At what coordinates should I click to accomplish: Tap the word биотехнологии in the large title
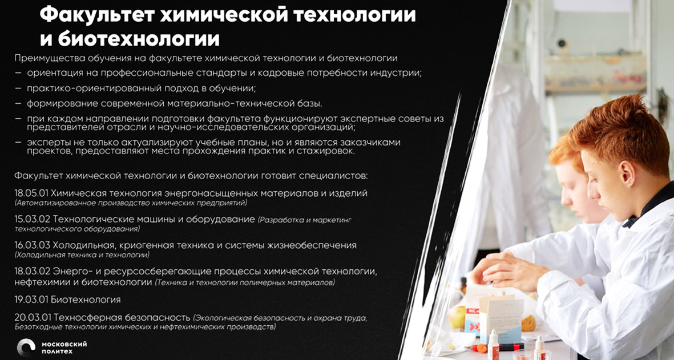tap(139, 39)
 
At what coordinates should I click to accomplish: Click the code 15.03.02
tap(32, 219)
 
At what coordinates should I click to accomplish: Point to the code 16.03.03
tap(32, 245)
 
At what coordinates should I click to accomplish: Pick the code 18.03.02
tap(32, 272)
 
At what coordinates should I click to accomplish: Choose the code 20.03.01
tap(33, 317)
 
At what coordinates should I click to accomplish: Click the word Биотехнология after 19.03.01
tap(86, 300)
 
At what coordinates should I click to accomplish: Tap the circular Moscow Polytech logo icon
tap(26, 347)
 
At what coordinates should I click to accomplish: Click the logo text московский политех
tap(64, 347)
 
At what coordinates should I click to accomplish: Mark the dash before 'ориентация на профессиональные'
tap(18, 73)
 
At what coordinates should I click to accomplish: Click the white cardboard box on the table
tap(501, 315)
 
